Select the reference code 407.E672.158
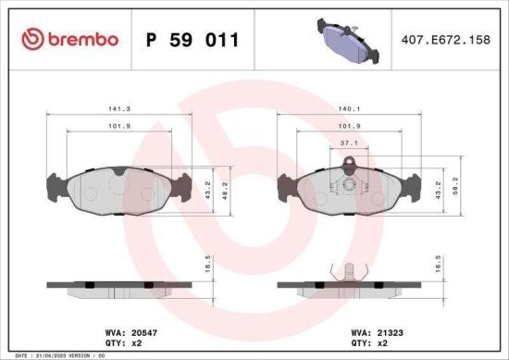447,40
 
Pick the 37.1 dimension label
348,144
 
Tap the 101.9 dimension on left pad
118,126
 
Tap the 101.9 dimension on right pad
348,126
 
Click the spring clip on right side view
348,274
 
